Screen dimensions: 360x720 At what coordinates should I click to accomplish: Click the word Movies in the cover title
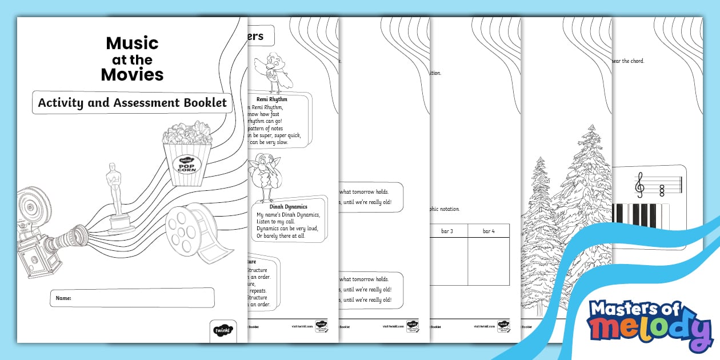coord(132,74)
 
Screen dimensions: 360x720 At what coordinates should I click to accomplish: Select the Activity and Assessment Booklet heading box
coord(132,103)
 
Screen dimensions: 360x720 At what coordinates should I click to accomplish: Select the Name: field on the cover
coord(132,298)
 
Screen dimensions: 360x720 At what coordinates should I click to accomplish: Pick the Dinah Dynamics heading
coord(289,206)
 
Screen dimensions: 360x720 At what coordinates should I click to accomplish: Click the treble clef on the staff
coord(640,185)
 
